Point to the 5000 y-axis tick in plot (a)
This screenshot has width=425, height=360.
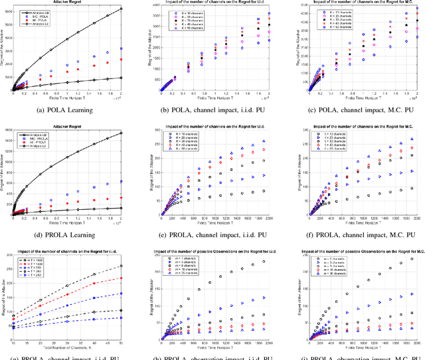pyautogui.click(x=9, y=24)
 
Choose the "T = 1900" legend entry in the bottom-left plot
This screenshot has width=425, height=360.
pyautogui.click(x=34, y=260)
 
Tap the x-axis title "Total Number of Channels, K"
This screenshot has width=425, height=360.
pyautogui.click(x=72, y=347)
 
